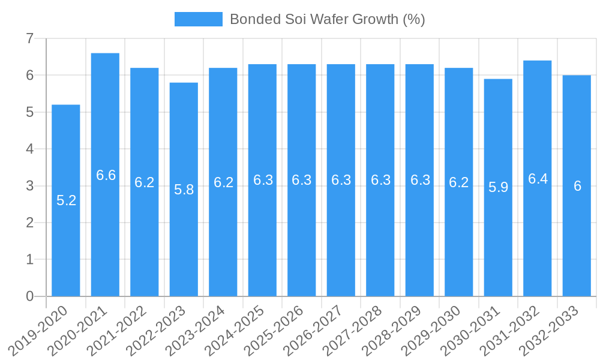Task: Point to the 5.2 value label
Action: pyautogui.click(x=66, y=200)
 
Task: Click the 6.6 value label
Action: pyautogui.click(x=106, y=175)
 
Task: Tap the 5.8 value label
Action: pyautogui.click(x=184, y=190)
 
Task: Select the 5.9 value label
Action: pyautogui.click(x=498, y=187)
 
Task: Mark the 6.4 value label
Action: pyautogui.click(x=538, y=179)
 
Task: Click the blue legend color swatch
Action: pyautogui.click(x=198, y=19)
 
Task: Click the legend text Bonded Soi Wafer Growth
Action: pyautogui.click(x=327, y=19)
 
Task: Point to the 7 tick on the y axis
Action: pyautogui.click(x=29, y=38)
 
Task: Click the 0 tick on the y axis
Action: pyautogui.click(x=29, y=296)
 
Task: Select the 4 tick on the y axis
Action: pyautogui.click(x=29, y=149)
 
